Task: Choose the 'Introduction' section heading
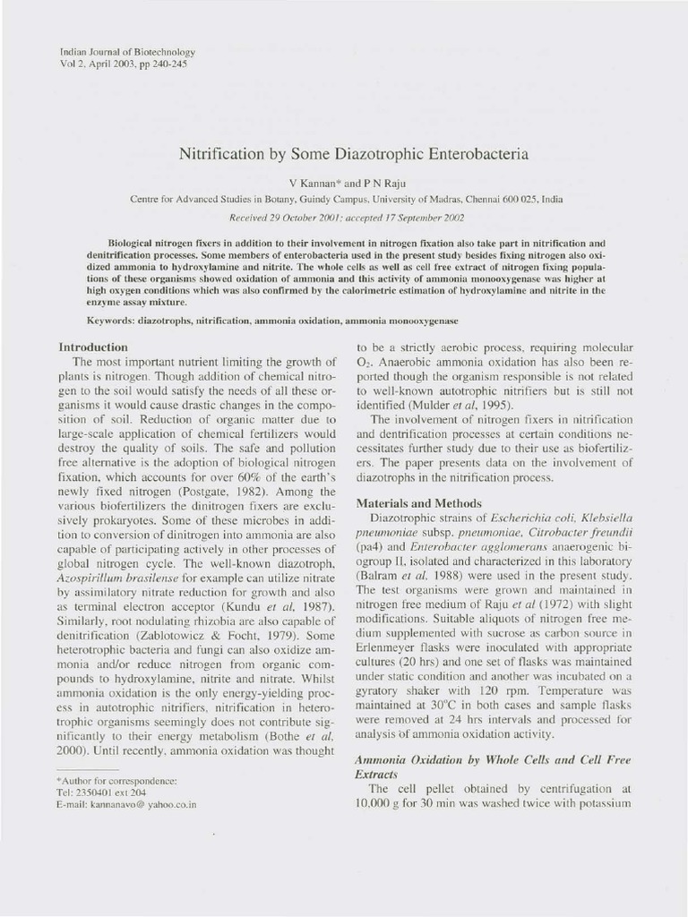click(x=93, y=346)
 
